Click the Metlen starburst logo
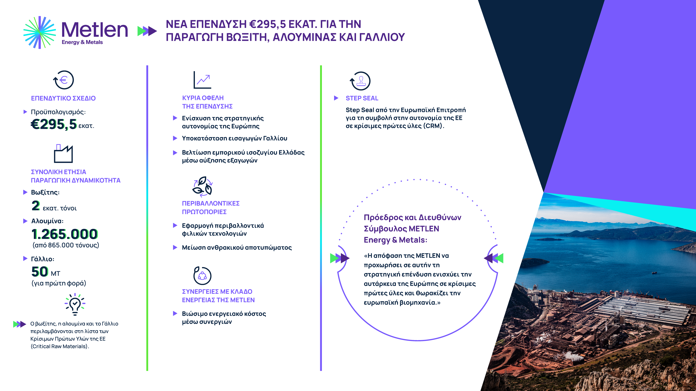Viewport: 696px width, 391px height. tap(40, 32)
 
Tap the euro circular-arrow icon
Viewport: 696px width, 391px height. tap(64, 80)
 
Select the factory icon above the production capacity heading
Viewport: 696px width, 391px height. tap(63, 154)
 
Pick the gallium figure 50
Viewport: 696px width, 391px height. tap(40, 271)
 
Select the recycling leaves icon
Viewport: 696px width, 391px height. tap(202, 186)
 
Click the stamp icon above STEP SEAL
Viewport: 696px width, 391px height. tap(360, 81)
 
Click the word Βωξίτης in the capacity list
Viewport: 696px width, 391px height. tap(45, 192)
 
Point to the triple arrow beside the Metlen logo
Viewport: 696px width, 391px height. tap(147, 31)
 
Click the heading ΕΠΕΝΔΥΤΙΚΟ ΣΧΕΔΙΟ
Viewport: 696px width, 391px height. tap(63, 98)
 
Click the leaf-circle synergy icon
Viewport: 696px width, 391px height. tap(202, 275)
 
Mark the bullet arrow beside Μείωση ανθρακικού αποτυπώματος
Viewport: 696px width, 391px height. tap(175, 247)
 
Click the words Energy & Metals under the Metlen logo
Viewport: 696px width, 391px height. tap(82, 42)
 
